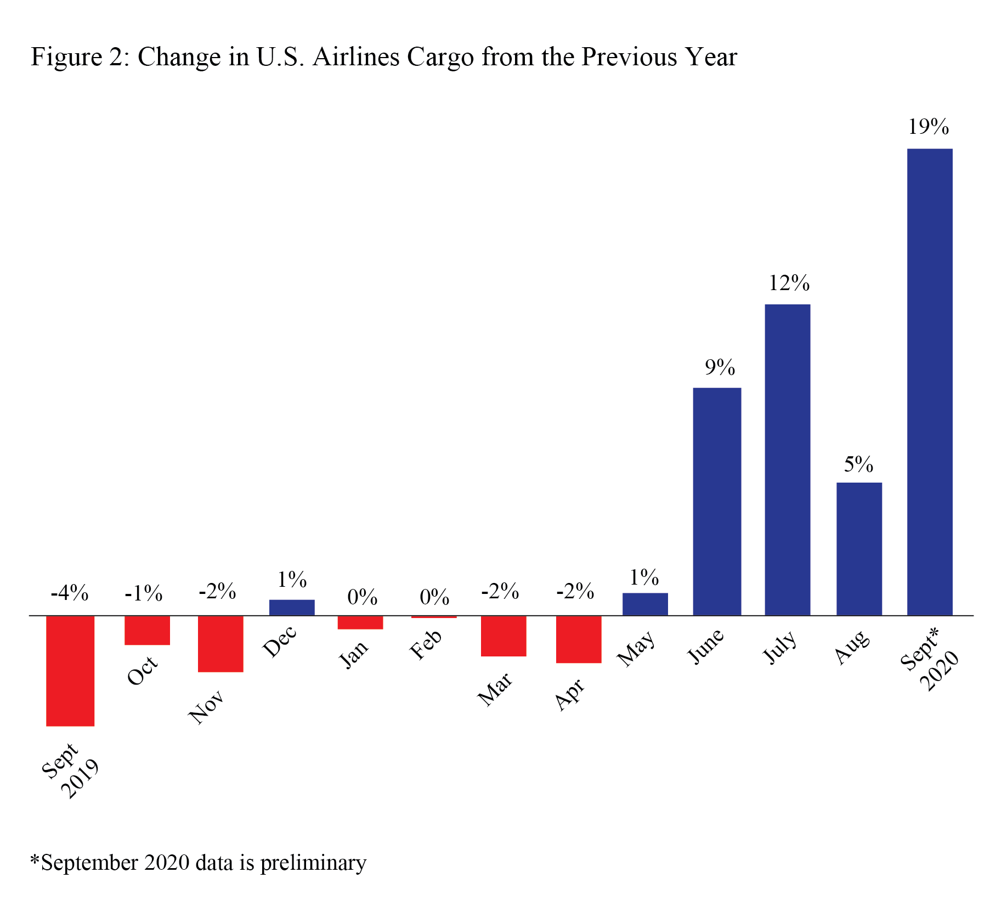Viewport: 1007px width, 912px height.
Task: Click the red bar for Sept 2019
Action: pyautogui.click(x=70, y=670)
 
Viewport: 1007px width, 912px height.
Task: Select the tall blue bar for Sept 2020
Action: pyautogui.click(x=929, y=382)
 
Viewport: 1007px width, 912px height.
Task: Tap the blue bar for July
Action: pyautogui.click(x=787, y=460)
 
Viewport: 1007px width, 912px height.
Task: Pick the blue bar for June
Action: pyautogui.click(x=716, y=501)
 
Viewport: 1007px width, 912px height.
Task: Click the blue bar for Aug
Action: pyautogui.click(x=858, y=548)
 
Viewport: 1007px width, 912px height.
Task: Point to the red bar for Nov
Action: pyautogui.click(x=220, y=643)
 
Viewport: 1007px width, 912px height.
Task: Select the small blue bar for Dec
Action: pyautogui.click(x=291, y=607)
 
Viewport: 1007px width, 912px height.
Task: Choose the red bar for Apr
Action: pyautogui.click(x=578, y=639)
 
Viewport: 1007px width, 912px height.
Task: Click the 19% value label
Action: pyautogui.click(x=928, y=127)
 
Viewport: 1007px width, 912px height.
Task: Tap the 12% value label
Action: pyautogui.click(x=789, y=283)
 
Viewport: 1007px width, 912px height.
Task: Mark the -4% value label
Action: pyautogui.click(x=70, y=593)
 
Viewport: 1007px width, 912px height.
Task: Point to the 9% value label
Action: pyautogui.click(x=719, y=367)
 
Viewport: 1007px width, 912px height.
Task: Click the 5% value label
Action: pyautogui.click(x=858, y=465)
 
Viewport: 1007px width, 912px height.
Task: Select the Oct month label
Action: pyautogui.click(x=143, y=670)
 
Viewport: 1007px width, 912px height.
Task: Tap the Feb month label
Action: pyautogui.click(x=426, y=644)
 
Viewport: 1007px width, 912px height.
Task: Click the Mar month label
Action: pyautogui.click(x=495, y=689)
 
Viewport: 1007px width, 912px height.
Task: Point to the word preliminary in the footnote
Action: pyautogui.click(x=313, y=863)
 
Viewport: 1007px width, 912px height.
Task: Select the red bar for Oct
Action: pyautogui.click(x=147, y=630)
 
